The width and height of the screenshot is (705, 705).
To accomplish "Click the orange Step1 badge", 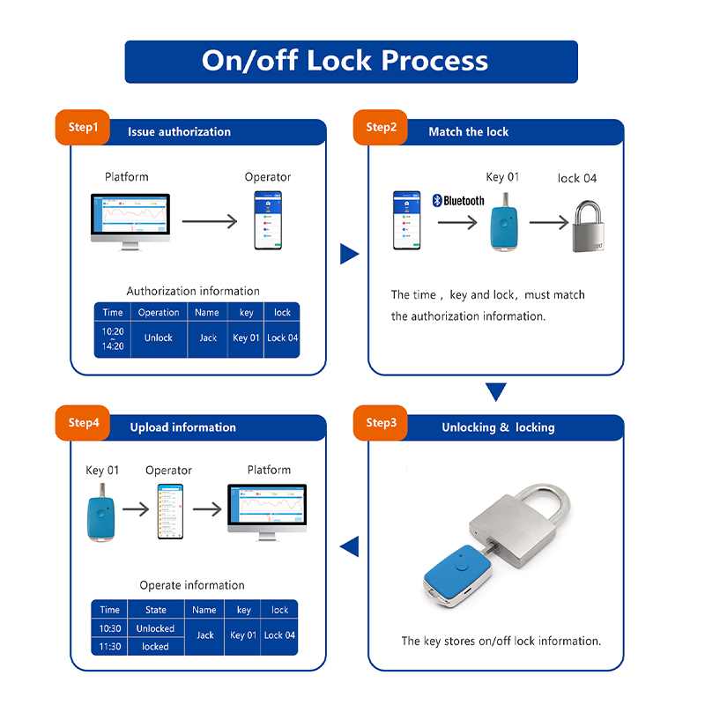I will pyautogui.click(x=83, y=128).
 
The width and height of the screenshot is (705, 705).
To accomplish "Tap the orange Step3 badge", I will pyautogui.click(x=381, y=423).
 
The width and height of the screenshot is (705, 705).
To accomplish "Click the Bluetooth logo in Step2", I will pyautogui.click(x=458, y=200).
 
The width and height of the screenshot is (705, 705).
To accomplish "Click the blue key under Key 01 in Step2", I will pyautogui.click(x=502, y=226).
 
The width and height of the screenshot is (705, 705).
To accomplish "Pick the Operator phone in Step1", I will pyautogui.click(x=268, y=220).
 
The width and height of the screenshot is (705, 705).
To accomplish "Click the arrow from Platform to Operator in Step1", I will pyautogui.click(x=210, y=220).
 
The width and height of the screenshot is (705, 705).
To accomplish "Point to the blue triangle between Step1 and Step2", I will pyautogui.click(x=350, y=255).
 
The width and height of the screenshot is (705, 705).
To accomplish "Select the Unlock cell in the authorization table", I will pyautogui.click(x=159, y=338).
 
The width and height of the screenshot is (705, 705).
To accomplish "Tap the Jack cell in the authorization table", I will pyautogui.click(x=207, y=338).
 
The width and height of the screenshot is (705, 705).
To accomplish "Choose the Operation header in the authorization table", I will pyautogui.click(x=159, y=312).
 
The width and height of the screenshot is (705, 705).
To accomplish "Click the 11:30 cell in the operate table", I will pyautogui.click(x=109, y=646).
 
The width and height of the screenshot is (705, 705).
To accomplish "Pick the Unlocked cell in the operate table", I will pyautogui.click(x=155, y=628).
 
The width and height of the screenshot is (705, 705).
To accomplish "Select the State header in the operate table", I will pyautogui.click(x=155, y=609).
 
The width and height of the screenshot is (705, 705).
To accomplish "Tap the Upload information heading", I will pyautogui.click(x=183, y=427).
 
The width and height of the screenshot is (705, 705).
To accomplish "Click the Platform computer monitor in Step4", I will pyautogui.click(x=266, y=508).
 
